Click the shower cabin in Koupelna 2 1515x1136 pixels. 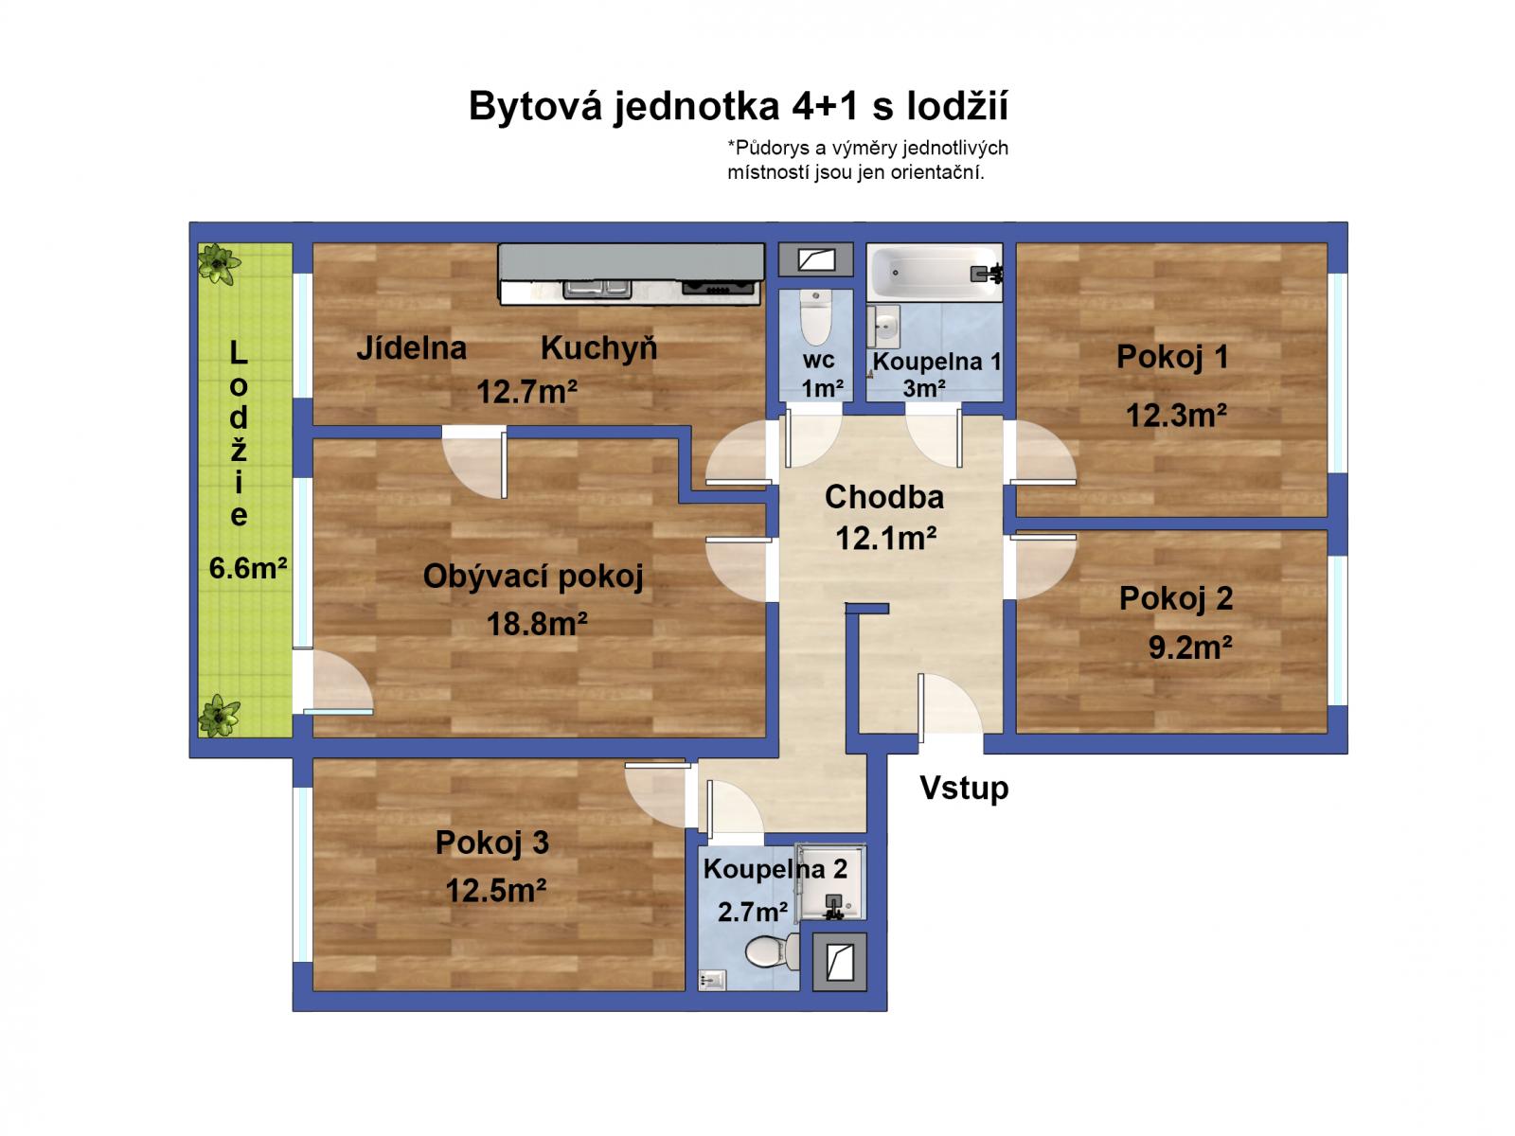click(x=830, y=882)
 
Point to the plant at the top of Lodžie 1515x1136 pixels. click(x=219, y=263)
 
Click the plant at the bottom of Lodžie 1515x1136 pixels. click(x=219, y=716)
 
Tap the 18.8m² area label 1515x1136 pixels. click(x=537, y=624)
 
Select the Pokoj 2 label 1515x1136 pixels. click(x=1176, y=598)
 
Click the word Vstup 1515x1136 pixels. click(x=964, y=788)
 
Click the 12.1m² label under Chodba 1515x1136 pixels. click(x=885, y=539)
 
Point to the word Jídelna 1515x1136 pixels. click(x=411, y=348)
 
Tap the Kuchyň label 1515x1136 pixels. click(x=598, y=348)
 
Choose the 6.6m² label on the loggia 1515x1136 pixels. click(x=247, y=568)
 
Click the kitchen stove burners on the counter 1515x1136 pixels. click(x=720, y=288)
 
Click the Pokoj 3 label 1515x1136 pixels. click(x=491, y=843)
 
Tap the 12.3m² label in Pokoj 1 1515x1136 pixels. click(x=1176, y=416)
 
